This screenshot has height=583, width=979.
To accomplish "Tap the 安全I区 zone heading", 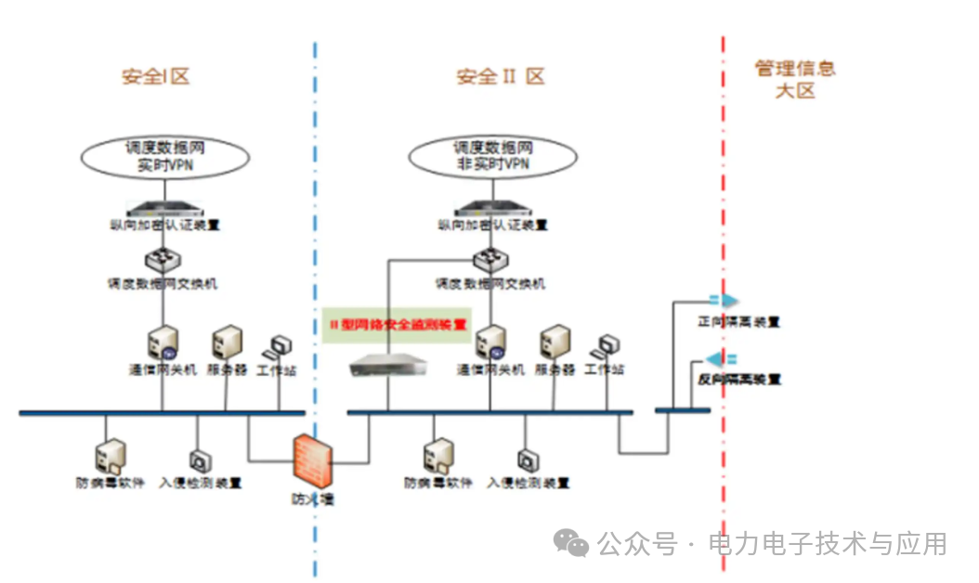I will tap(155, 76).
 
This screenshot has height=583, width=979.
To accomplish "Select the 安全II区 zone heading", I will tap(500, 76).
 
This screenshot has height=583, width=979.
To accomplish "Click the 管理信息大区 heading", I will tap(794, 79).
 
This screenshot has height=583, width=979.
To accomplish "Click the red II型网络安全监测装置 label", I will tap(398, 325).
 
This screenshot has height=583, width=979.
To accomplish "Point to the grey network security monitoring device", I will tap(386, 369).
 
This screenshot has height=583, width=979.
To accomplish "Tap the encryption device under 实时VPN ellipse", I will tap(163, 208).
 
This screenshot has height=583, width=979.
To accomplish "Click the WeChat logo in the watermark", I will tap(570, 543).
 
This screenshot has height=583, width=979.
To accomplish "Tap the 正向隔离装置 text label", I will tap(738, 322).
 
